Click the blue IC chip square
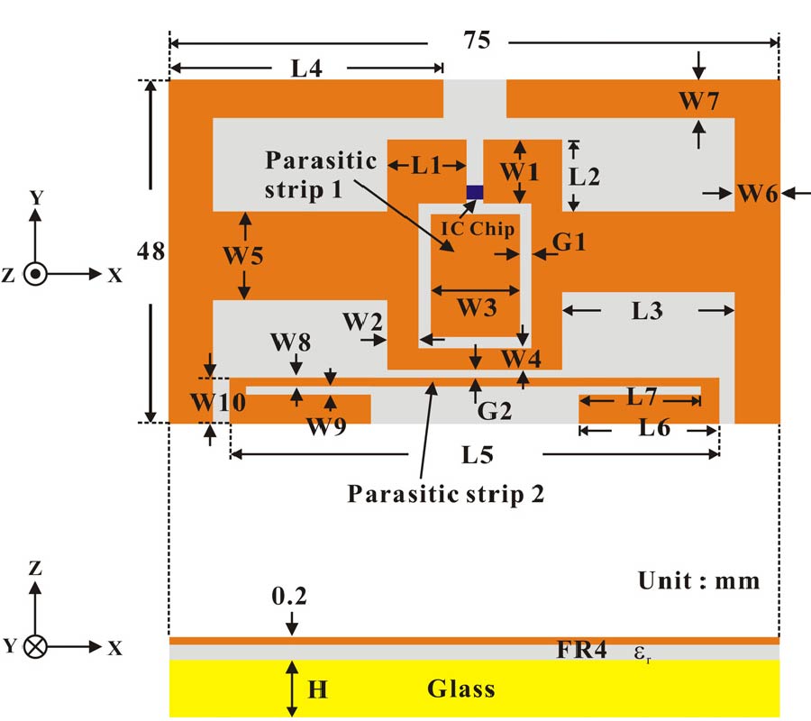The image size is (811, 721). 474,192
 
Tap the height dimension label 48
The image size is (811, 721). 151,251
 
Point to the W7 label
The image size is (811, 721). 698,101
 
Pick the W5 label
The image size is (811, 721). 243,256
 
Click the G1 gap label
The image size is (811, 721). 570,242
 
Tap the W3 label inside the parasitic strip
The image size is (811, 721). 475,308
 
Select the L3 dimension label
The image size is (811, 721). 647,312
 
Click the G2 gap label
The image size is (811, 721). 495,411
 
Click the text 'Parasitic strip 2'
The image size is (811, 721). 447,493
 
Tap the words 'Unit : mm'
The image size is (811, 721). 699,580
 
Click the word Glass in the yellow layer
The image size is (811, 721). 460,689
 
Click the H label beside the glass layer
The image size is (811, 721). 317,690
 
